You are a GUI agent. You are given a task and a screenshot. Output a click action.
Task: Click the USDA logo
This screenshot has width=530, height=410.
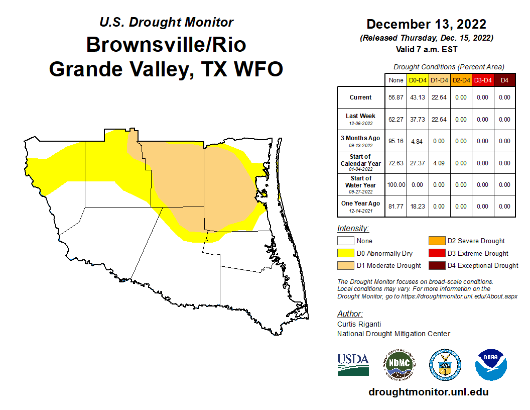(x=353, y=364)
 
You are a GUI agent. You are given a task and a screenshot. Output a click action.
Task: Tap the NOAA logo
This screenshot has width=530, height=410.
(x=491, y=364)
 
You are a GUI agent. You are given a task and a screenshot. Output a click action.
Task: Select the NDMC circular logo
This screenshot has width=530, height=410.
(x=399, y=364)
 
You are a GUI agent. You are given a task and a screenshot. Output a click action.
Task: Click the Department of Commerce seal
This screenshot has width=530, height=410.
(x=445, y=364)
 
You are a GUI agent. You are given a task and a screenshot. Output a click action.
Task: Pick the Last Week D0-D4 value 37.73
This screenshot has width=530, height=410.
(x=417, y=120)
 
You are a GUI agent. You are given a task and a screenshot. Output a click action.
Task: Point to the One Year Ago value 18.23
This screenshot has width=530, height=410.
(x=417, y=207)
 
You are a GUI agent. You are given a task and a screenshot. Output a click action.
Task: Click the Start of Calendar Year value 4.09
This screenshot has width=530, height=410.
(x=439, y=163)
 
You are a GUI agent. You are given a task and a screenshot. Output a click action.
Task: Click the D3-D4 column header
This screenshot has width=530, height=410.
(x=482, y=80)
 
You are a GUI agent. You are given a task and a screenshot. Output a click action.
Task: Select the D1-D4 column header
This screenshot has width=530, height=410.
(x=439, y=80)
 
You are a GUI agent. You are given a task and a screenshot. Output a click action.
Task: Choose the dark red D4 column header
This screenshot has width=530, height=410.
(x=504, y=80)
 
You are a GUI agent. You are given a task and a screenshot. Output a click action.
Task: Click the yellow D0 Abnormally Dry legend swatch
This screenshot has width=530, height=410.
(x=345, y=253)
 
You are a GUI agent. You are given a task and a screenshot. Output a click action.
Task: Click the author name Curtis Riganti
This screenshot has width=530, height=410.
(x=359, y=324)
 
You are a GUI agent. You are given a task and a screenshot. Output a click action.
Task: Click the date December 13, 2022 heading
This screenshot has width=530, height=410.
(x=426, y=24)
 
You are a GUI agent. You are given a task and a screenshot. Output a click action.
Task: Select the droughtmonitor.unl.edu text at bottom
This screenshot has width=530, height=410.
(x=428, y=392)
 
